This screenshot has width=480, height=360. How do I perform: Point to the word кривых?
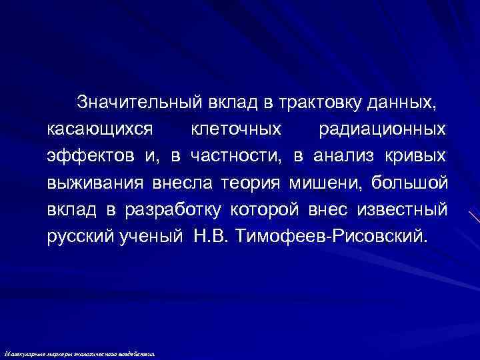417,156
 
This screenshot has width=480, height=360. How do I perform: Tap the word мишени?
326,183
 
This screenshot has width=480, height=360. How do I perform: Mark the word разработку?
173,209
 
